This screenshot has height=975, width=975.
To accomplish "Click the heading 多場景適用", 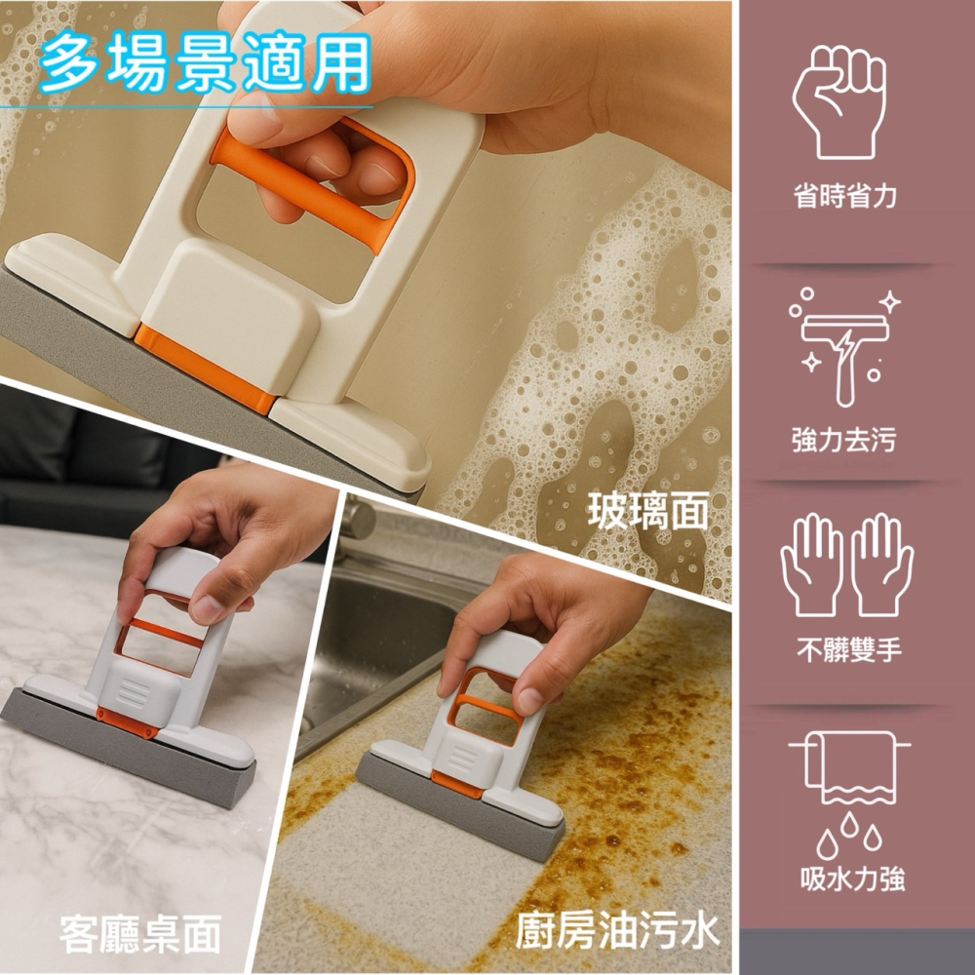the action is point(205,62).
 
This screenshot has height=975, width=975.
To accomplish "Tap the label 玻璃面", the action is point(648,511).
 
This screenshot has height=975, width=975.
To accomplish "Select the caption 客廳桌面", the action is point(140,934).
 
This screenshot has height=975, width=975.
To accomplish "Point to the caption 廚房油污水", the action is point(617,931).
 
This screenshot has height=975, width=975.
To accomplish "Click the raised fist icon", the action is point(839,102).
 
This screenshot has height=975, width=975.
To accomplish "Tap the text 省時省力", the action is point(844,197).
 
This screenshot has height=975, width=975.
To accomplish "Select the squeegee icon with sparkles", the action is point(844,347).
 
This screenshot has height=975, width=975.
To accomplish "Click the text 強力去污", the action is point(844,440).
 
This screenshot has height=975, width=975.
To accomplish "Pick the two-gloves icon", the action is point(847,565).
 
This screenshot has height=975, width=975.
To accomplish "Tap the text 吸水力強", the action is point(852,878).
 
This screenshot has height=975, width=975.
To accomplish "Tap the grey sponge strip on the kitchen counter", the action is point(459,806).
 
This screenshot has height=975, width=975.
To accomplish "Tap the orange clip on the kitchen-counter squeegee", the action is point(455,783).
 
